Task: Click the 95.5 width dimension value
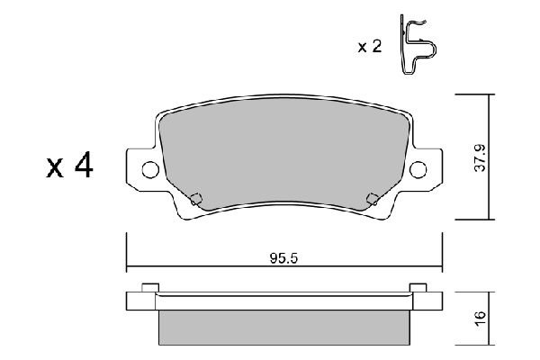click(x=283, y=258)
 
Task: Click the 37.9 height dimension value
click(x=480, y=158)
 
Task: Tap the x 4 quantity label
click(x=69, y=165)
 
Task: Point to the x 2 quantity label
click(x=370, y=47)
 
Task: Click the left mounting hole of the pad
click(x=150, y=169)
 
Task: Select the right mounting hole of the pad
click(x=418, y=169)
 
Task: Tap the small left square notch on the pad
click(x=196, y=199)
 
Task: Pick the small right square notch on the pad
click(x=373, y=199)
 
